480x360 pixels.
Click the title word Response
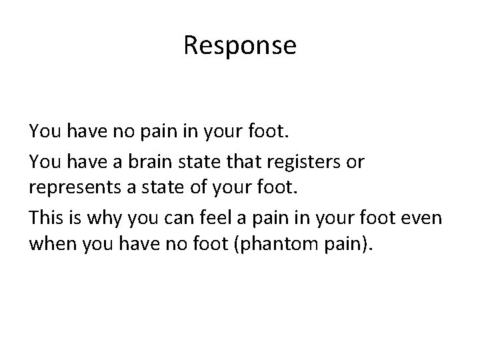tap(239, 46)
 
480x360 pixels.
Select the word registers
tap(313, 162)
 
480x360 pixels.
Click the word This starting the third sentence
tap(45, 216)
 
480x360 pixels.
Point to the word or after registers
tap(357, 162)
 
